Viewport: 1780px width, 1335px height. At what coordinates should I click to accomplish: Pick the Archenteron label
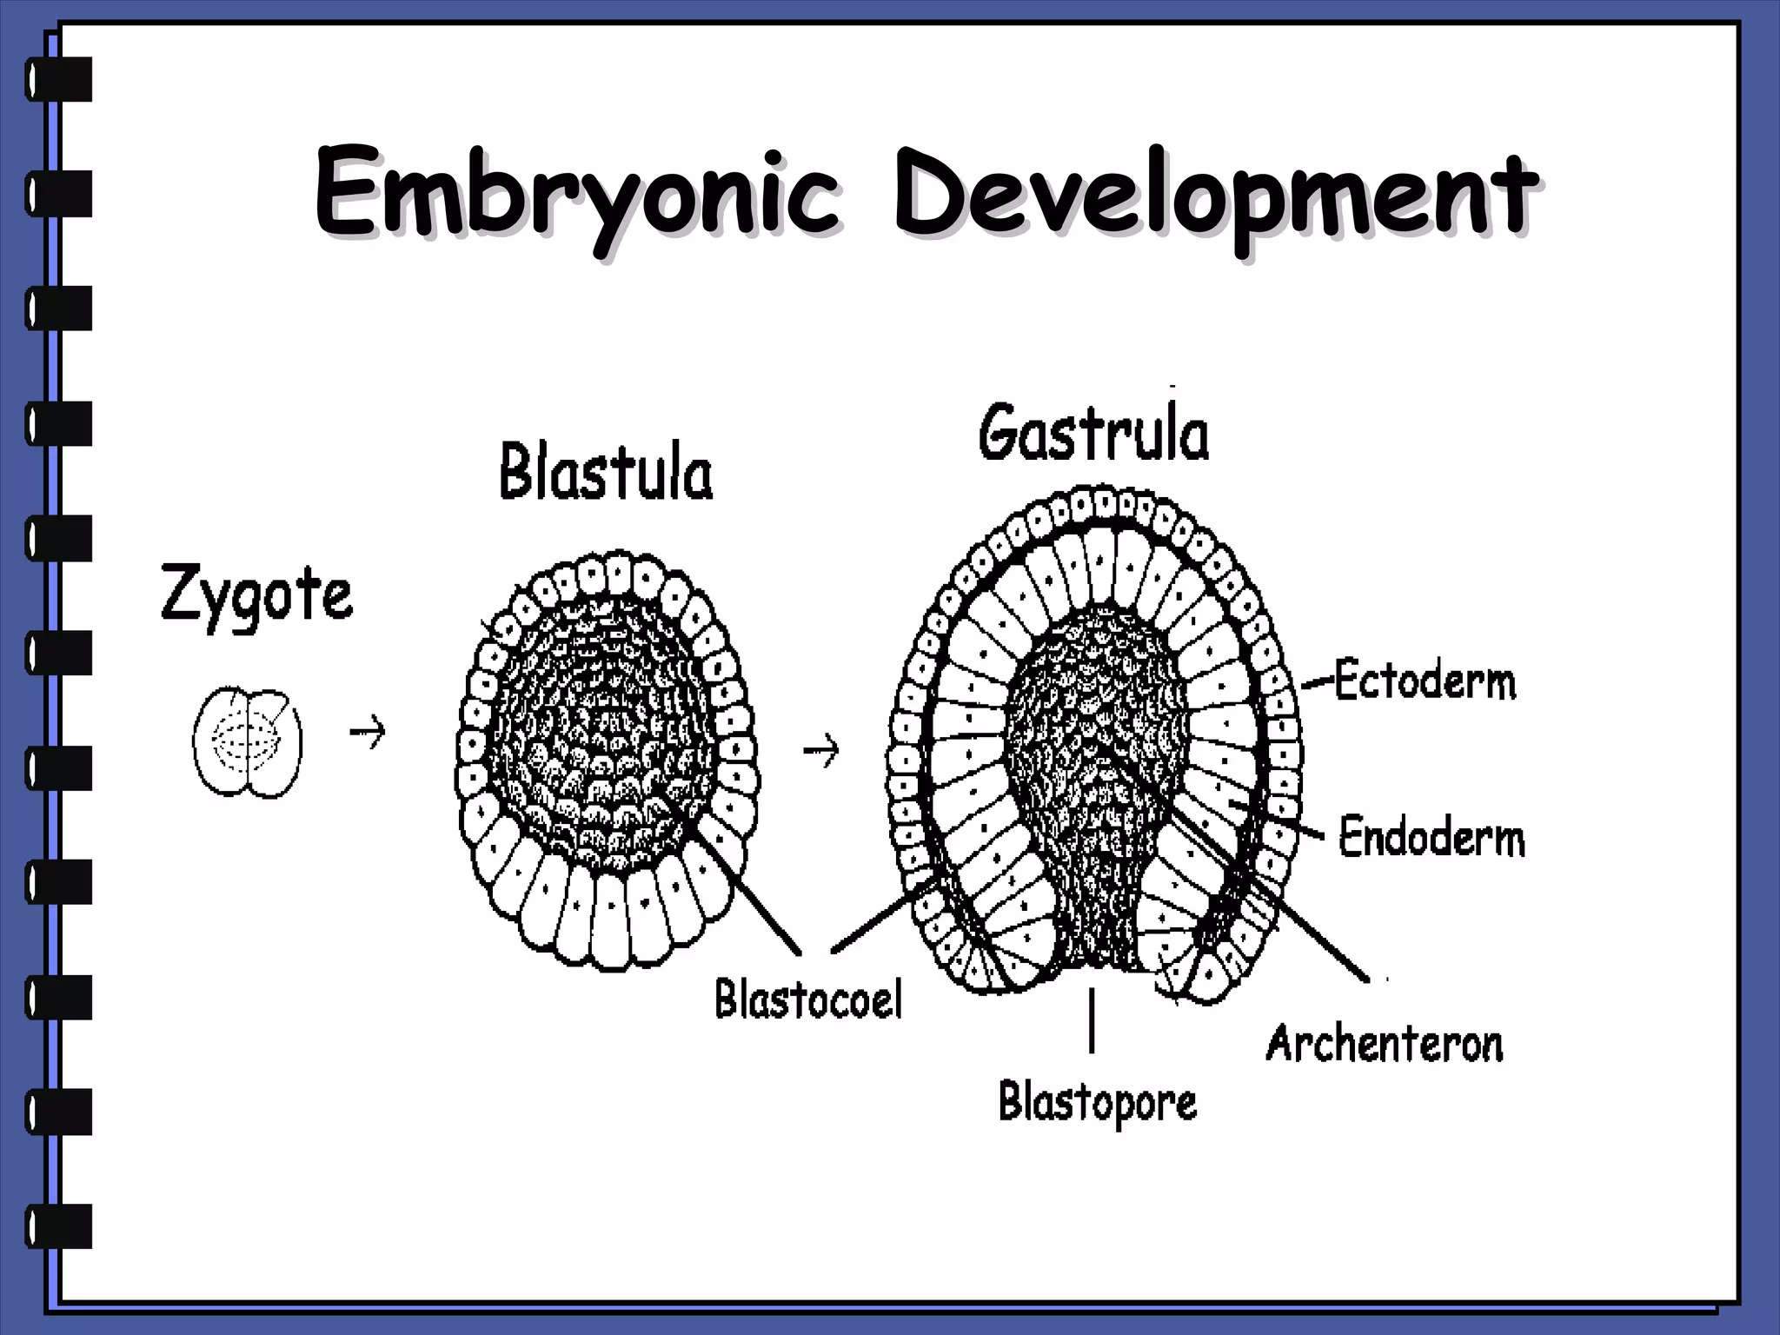pos(1384,1043)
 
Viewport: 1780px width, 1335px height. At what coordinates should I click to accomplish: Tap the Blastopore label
pos(1097,1103)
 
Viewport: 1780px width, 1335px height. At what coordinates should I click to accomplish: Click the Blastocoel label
pos(808,999)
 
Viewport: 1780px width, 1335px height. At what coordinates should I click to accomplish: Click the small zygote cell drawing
pos(248,742)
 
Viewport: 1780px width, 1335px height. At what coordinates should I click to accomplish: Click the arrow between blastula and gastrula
pos(820,749)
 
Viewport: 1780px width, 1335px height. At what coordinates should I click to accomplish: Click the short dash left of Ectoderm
pos(1318,684)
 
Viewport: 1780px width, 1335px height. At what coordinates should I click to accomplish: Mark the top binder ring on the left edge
pos(59,80)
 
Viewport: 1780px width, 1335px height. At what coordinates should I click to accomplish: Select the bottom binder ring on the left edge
pos(59,1226)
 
